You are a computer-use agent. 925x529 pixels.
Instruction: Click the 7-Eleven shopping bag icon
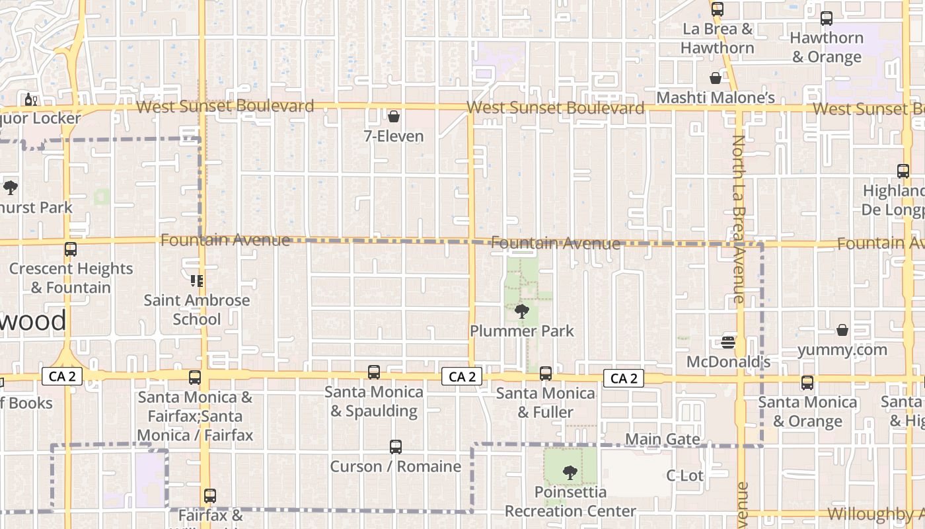click(x=394, y=117)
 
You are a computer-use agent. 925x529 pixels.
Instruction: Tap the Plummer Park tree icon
click(x=522, y=311)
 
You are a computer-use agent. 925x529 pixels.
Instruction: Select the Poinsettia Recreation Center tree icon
click(x=570, y=473)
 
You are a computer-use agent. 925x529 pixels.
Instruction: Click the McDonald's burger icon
click(x=728, y=342)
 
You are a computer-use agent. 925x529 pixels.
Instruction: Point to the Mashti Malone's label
click(x=716, y=98)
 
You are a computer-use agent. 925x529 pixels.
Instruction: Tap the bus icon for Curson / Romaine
click(x=395, y=447)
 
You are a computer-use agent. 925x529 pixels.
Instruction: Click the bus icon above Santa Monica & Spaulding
click(x=374, y=372)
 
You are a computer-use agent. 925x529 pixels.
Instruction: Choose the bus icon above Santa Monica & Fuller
click(x=546, y=374)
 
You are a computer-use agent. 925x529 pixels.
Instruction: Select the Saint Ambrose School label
click(x=197, y=309)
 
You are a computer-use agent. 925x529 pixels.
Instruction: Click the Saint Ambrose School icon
click(x=197, y=281)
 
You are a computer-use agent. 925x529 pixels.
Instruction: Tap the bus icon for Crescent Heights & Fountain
click(x=71, y=249)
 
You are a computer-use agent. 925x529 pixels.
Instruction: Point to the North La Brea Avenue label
click(x=739, y=218)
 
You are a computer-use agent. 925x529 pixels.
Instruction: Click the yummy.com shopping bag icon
click(x=842, y=329)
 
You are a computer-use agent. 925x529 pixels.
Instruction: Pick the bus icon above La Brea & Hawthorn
click(x=717, y=9)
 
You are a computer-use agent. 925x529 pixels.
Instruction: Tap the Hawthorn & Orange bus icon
click(x=827, y=19)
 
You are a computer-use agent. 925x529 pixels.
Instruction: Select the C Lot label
click(x=684, y=475)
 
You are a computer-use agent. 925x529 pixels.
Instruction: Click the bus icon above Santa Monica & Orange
click(x=807, y=382)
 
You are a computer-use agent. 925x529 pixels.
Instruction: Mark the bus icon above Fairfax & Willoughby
click(x=210, y=495)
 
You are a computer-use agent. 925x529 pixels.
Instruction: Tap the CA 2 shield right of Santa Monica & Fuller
click(x=624, y=378)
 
